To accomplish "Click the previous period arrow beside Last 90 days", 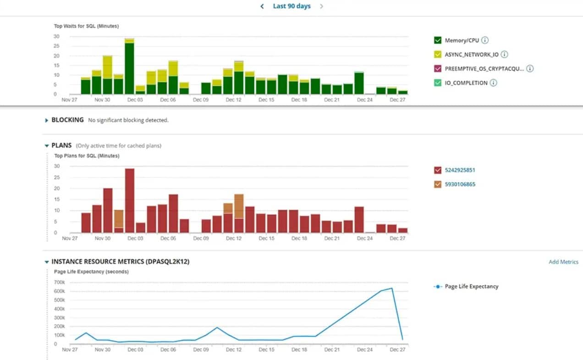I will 262,6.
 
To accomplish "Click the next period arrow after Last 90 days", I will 321,6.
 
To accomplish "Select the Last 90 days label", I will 291,6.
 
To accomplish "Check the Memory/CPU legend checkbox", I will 437,40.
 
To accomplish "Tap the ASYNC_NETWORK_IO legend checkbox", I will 437,55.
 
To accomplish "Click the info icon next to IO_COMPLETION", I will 493,83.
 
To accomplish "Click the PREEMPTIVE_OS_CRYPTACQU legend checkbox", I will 437,69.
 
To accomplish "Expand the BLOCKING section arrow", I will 46,120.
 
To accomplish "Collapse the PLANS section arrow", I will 46,146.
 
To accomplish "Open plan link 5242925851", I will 460,170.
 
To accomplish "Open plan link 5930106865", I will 460,185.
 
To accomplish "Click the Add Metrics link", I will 563,262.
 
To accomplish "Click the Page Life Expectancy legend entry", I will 471,287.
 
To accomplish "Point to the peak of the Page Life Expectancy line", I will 392,288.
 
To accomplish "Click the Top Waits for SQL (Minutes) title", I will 86,26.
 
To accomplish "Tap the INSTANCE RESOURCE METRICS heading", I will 120,262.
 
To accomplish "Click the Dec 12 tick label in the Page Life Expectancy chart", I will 234,350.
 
